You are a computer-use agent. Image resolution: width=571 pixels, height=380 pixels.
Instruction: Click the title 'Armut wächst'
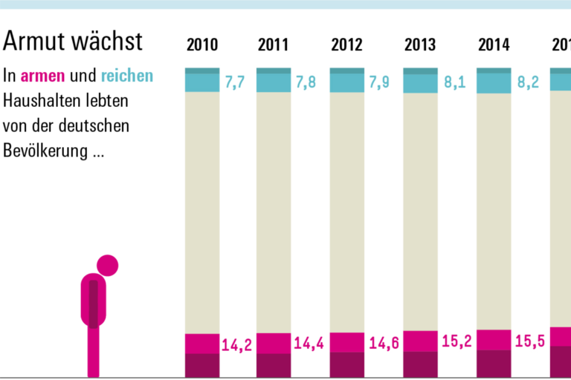click(x=74, y=42)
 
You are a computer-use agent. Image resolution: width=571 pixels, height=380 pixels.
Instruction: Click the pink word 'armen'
click(x=43, y=76)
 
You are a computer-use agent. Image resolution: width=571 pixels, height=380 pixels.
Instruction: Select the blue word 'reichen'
click(x=127, y=76)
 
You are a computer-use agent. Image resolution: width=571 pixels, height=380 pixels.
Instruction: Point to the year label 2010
click(x=202, y=45)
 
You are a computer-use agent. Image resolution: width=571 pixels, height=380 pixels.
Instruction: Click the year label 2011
click(x=274, y=45)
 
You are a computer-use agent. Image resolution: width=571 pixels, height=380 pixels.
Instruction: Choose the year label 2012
click(x=346, y=45)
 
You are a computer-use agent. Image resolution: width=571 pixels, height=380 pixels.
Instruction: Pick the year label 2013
click(x=420, y=45)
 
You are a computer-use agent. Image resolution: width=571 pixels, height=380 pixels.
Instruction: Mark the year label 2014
click(x=494, y=45)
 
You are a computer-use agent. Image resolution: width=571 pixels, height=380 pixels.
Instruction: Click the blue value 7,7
click(x=235, y=82)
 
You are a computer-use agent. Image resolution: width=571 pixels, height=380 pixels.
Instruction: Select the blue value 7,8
click(x=306, y=82)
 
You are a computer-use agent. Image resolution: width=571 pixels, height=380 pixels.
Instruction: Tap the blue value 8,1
click(x=454, y=82)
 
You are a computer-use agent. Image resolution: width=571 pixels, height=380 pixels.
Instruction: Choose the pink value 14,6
click(x=384, y=344)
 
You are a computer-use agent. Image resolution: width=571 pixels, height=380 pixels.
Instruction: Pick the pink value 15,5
click(x=530, y=342)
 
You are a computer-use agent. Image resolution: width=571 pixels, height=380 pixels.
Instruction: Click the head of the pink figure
click(x=108, y=265)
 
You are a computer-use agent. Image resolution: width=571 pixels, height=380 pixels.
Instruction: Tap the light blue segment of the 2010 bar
click(x=202, y=82)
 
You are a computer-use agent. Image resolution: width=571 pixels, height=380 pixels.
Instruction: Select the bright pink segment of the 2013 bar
click(x=420, y=341)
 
